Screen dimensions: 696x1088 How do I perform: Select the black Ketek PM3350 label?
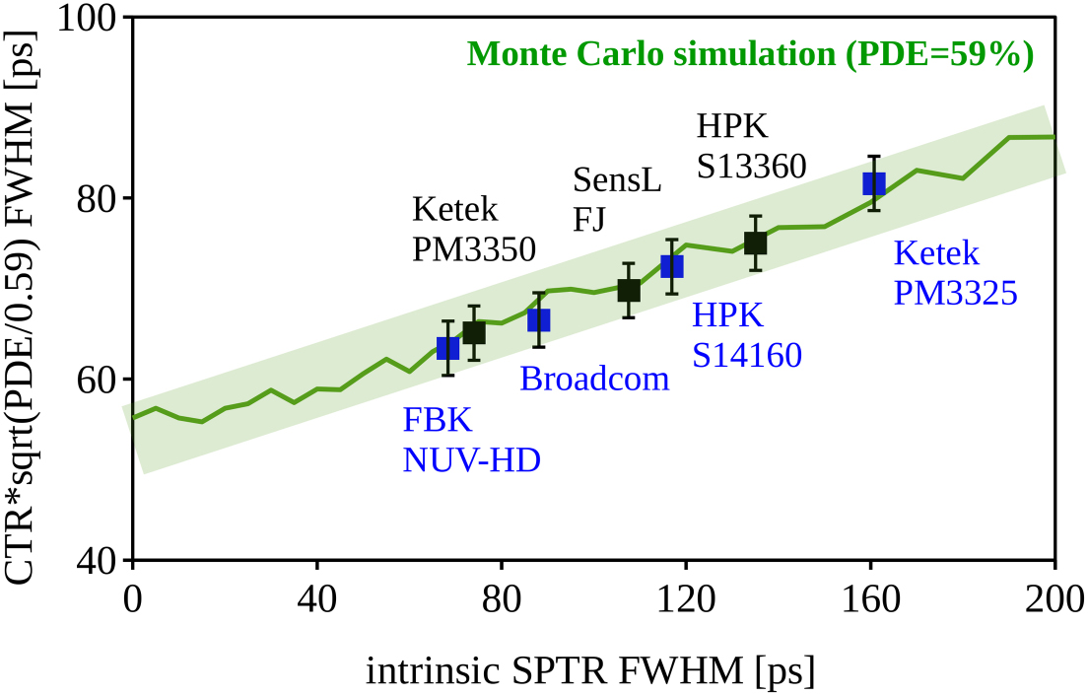tap(473, 230)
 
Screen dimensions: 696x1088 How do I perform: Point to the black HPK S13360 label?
tap(751, 146)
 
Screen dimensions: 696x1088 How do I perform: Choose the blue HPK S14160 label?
tap(746, 335)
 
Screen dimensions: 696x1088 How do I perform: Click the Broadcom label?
tap(594, 379)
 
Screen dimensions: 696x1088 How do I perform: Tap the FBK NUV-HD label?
tap(471, 440)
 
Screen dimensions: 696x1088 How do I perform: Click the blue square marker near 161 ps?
tap(874, 183)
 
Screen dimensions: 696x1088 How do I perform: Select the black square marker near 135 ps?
tap(755, 243)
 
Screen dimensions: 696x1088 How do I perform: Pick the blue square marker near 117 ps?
tap(671, 266)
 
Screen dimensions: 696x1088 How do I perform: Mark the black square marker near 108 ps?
tap(628, 290)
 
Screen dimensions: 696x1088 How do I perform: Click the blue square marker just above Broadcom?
tap(538, 319)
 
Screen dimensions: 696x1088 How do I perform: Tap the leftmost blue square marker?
tap(447, 348)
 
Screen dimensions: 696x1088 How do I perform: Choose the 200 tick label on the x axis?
tap(1053, 596)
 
